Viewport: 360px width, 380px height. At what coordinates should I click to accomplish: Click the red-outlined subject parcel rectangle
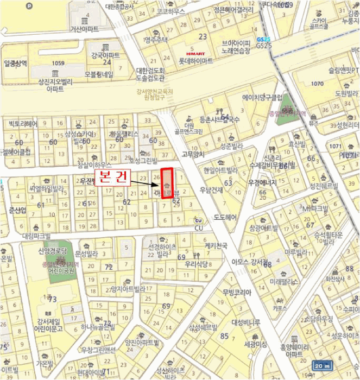167,183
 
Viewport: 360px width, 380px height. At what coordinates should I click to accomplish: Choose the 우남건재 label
211,190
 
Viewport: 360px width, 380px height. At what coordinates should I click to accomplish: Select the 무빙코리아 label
237,293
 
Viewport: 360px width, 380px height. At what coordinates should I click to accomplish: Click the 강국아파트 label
105,55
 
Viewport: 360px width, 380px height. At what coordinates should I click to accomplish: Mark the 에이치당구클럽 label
262,98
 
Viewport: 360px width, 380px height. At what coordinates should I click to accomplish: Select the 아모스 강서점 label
247,262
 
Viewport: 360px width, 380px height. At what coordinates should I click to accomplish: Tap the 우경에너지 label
262,182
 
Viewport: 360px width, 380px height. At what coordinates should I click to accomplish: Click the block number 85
224,335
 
